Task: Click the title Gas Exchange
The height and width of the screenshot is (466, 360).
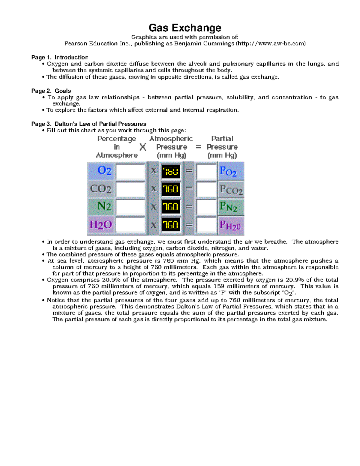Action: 185,28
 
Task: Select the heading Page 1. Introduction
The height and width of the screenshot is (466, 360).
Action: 60,57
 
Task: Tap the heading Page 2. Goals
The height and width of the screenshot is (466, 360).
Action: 51,91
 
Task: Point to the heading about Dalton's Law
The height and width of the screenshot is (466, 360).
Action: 89,124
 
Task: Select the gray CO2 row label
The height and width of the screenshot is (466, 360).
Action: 101,189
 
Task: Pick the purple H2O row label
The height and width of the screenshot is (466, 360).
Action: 101,224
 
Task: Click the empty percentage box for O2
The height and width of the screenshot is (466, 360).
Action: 130,171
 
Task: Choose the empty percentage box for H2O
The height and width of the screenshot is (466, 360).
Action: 130,225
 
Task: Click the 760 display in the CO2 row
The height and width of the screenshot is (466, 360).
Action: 171,189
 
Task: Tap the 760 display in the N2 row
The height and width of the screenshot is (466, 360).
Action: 171,207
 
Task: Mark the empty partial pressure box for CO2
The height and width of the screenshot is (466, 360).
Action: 206,189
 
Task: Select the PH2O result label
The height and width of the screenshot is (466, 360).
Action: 230,225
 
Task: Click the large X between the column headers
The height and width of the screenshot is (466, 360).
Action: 143,147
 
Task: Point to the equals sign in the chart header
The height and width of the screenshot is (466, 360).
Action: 198,147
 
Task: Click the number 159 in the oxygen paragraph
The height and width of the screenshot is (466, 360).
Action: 219,286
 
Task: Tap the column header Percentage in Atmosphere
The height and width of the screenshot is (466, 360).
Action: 117,147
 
